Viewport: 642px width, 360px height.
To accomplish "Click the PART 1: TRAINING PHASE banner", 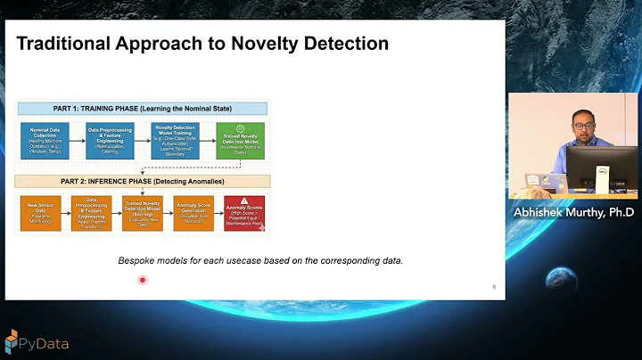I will pyautogui.click(x=143, y=109).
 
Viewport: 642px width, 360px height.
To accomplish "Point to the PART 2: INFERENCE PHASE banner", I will pyautogui.click(x=143, y=182).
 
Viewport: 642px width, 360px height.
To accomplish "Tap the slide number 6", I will pyautogui.click(x=494, y=287).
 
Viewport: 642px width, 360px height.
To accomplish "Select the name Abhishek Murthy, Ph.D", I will pyautogui.click(x=573, y=212).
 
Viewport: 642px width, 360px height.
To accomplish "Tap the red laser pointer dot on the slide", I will pyautogui.click(x=142, y=281).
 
